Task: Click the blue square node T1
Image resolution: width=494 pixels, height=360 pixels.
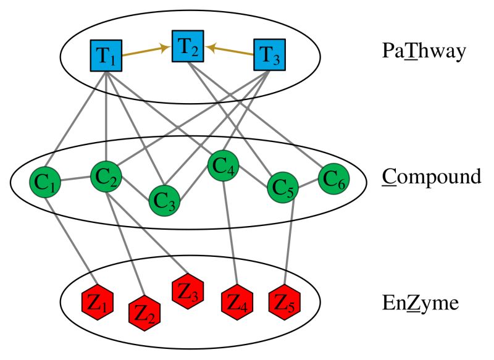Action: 106,56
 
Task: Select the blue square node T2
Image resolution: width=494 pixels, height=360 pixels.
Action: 188,46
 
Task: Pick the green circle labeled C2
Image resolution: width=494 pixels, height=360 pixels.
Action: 106,177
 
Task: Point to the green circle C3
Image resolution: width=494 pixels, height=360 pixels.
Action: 164,198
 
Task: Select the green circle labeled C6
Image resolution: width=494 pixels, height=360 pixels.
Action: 333,180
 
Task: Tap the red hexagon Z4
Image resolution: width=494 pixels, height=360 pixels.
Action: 237,303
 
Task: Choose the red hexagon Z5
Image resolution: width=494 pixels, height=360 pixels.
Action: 285,302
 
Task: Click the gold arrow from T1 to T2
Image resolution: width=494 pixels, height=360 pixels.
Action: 147,51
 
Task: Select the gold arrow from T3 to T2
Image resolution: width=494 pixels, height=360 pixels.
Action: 230,51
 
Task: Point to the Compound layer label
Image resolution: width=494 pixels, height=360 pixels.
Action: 431,177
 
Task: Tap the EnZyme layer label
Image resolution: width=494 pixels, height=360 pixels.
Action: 419,303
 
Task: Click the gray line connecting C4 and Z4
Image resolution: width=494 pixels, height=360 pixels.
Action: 230,235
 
